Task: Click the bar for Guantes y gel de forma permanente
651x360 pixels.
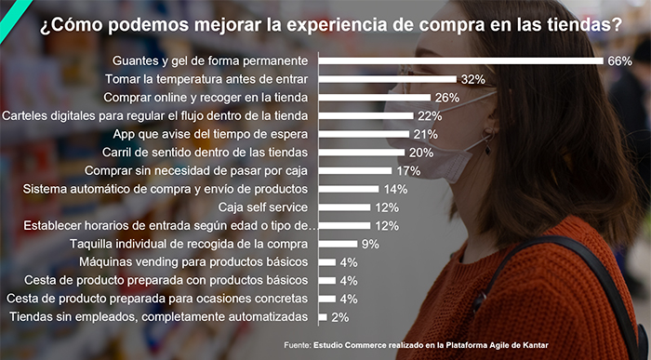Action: pyautogui.click(x=460, y=61)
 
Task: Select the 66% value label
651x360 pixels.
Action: pyautogui.click(x=619, y=61)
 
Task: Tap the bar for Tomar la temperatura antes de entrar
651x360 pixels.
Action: pyautogui.click(x=387, y=80)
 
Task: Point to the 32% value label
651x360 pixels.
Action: pyautogui.click(x=472, y=80)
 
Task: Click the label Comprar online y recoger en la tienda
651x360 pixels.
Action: pyautogui.click(x=206, y=98)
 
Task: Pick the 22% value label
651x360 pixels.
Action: pyautogui.click(x=429, y=116)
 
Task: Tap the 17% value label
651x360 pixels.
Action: pyautogui.click(x=407, y=171)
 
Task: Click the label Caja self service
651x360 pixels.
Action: pyautogui.click(x=263, y=207)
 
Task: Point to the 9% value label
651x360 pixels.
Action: pyautogui.click(x=369, y=244)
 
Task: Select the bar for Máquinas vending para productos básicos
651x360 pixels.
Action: pyautogui.click(x=326, y=262)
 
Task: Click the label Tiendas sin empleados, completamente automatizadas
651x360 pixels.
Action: pyautogui.click(x=158, y=317)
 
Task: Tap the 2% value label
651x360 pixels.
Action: pyautogui.click(x=340, y=317)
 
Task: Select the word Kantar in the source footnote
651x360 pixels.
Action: pyautogui.click(x=532, y=346)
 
